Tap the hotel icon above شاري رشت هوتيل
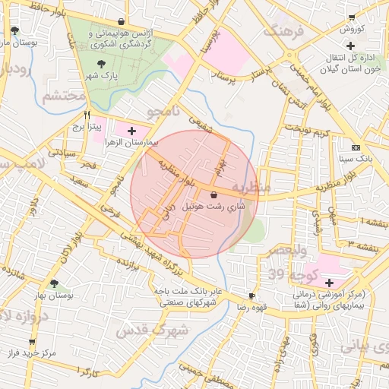point(213,194)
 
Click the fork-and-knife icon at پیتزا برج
point(87,118)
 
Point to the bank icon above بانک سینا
point(356,147)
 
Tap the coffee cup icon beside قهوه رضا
point(252,296)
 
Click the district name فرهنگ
point(283,32)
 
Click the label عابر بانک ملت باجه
point(188,291)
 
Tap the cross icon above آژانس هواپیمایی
point(122,21)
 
